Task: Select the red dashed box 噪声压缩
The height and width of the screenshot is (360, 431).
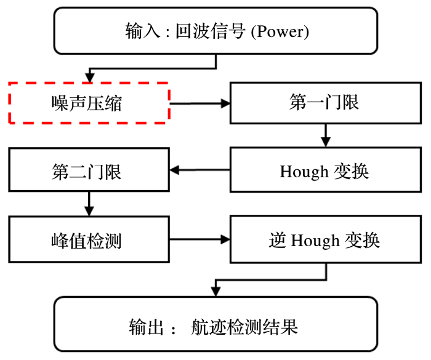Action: coord(89,103)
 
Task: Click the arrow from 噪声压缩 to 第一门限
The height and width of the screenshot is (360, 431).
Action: coord(199,103)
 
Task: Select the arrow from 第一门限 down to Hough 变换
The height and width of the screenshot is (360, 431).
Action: coord(325,135)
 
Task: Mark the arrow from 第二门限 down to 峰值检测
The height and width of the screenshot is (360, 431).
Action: coord(89,202)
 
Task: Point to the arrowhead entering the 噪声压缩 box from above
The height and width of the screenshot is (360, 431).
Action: coord(90,77)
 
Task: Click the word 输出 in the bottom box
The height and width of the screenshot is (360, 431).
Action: coord(144,326)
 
